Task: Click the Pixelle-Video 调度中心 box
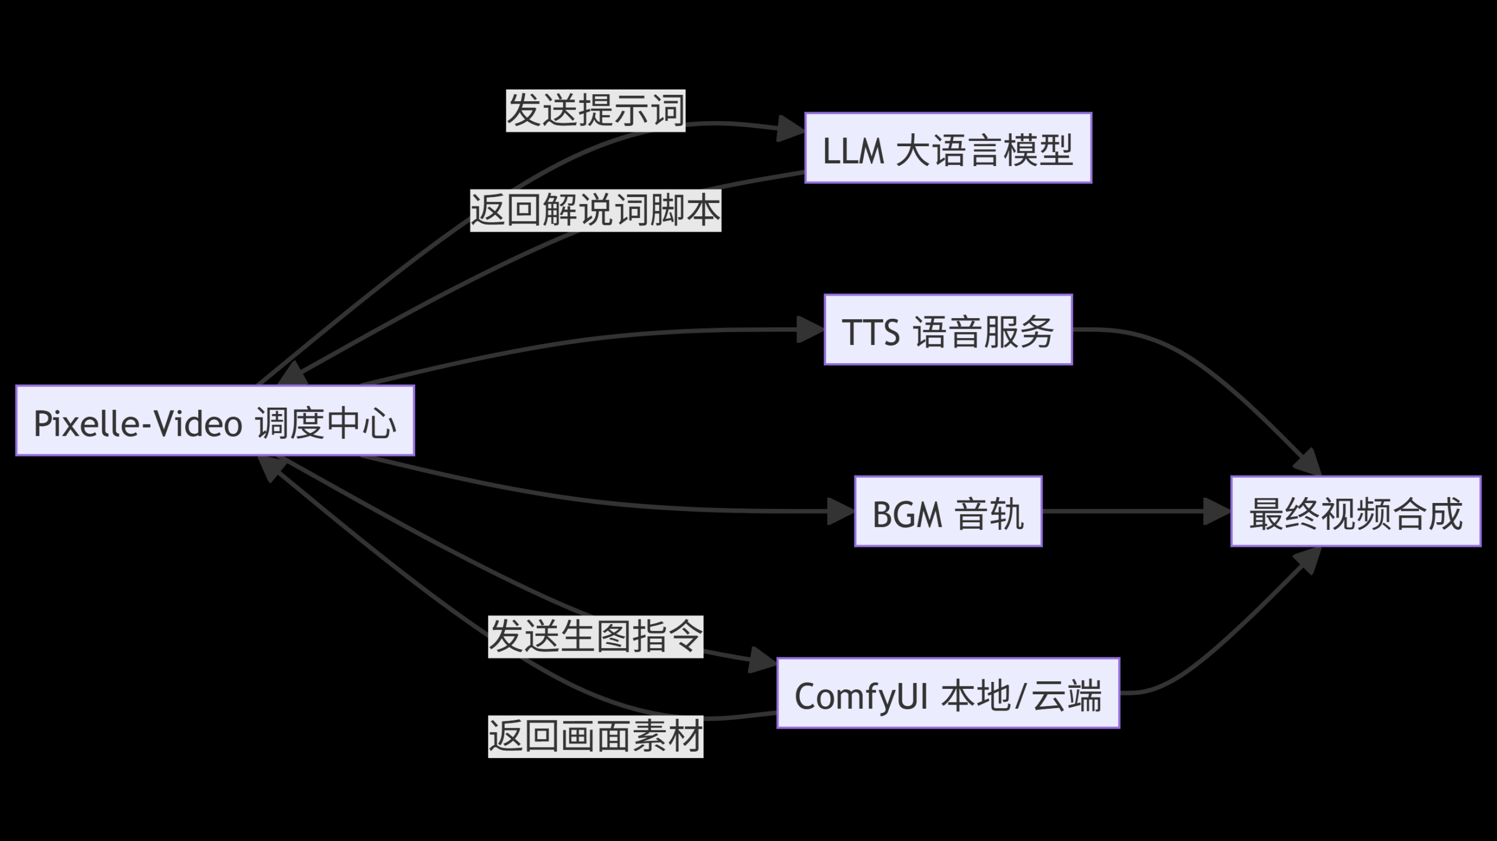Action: [x=215, y=420]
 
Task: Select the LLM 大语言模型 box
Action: [x=948, y=148]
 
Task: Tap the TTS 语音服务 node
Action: [x=948, y=330]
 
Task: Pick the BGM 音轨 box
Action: [x=948, y=511]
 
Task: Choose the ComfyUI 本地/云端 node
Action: [x=948, y=693]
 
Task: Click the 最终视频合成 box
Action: [x=1355, y=511]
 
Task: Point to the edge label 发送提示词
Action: [x=595, y=111]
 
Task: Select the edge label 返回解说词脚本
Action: [x=595, y=210]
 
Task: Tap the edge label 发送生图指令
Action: [x=595, y=636]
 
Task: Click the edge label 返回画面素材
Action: [x=595, y=736]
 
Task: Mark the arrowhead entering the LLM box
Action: [x=791, y=129]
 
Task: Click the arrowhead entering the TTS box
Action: [x=810, y=330]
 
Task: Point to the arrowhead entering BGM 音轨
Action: [x=841, y=511]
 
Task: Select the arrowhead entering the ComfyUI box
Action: [x=763, y=660]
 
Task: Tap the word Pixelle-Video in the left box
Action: [x=137, y=423]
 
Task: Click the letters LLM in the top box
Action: [x=853, y=151]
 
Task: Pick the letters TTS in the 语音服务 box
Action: [x=871, y=332]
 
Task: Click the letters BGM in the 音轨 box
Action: [x=907, y=514]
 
